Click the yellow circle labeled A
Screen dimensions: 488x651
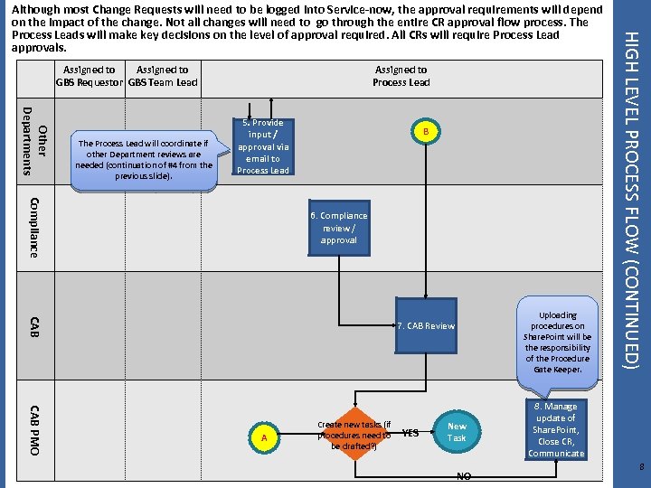click(263, 437)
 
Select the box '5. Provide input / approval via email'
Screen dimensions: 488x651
click(262, 146)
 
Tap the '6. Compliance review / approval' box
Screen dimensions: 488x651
click(339, 228)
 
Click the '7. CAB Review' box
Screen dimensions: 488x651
click(426, 325)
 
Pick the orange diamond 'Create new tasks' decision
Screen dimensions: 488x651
click(354, 436)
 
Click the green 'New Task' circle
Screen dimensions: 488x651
click(458, 432)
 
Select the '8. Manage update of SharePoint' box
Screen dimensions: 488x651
click(556, 430)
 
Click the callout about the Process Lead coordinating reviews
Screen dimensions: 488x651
click(144, 159)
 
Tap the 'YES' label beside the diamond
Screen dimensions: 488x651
click(410, 434)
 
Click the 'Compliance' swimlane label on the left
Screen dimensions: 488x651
click(33, 227)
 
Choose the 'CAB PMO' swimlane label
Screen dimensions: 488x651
click(33, 429)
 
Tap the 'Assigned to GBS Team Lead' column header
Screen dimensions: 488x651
click(163, 76)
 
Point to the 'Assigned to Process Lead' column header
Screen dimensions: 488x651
click(401, 76)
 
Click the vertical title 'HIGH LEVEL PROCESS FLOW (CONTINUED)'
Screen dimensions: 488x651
click(633, 199)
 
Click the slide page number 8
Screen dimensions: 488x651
click(639, 466)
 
